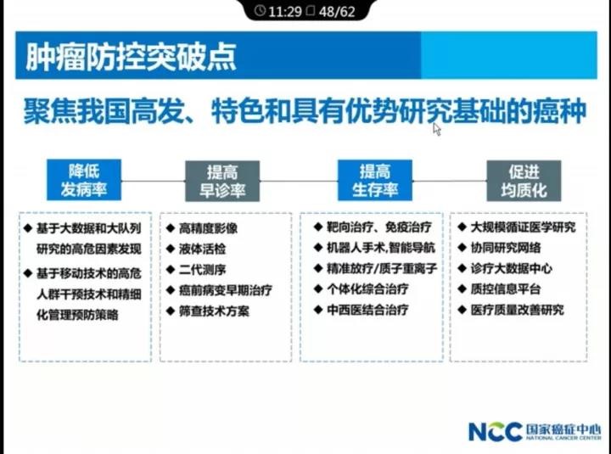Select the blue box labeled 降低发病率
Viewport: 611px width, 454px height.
click(x=84, y=180)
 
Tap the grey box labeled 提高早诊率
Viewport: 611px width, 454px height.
click(x=221, y=180)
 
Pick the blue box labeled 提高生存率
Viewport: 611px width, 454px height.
click(x=374, y=180)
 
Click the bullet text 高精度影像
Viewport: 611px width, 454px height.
click(x=208, y=228)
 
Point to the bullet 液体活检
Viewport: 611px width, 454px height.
click(x=202, y=249)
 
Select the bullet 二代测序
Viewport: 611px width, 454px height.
click(x=202, y=270)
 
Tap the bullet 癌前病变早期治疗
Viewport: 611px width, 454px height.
click(x=225, y=291)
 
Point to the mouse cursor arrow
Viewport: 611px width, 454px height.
click(x=437, y=129)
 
